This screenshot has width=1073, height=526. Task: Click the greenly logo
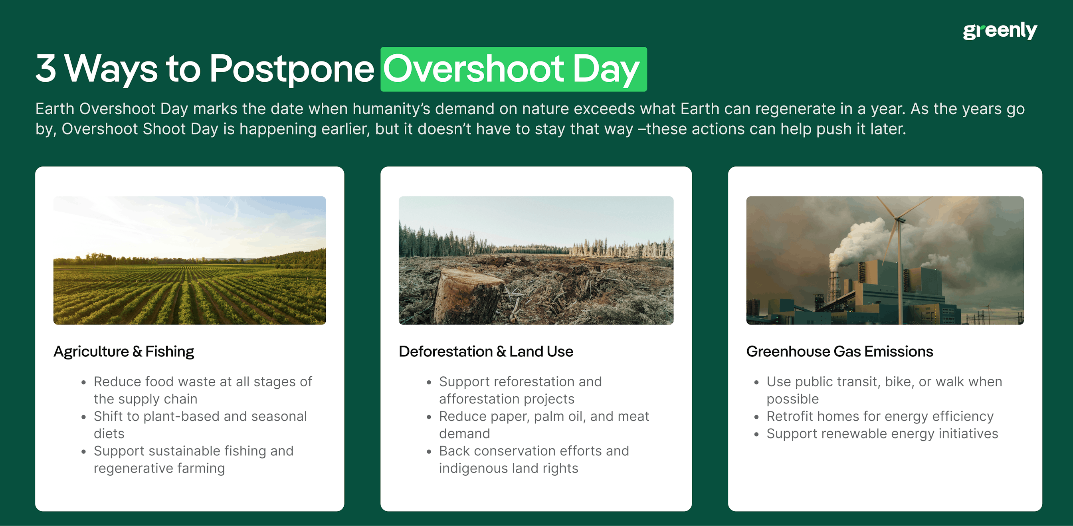tap(1000, 31)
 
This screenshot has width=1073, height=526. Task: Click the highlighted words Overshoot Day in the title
tap(513, 69)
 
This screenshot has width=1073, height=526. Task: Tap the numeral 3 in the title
tap(46, 68)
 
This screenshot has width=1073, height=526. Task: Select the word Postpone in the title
tap(291, 69)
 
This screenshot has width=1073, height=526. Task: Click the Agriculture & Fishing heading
tap(124, 352)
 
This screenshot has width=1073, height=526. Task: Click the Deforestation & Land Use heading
tap(486, 352)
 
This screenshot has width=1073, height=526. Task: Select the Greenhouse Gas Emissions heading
tap(839, 352)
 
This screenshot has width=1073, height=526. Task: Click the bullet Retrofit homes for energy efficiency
tap(880, 416)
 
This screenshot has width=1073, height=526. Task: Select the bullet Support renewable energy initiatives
tap(882, 433)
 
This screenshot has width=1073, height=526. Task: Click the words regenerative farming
tap(159, 468)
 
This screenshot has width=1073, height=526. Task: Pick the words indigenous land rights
tap(508, 468)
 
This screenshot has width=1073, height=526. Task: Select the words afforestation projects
tap(507, 399)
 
